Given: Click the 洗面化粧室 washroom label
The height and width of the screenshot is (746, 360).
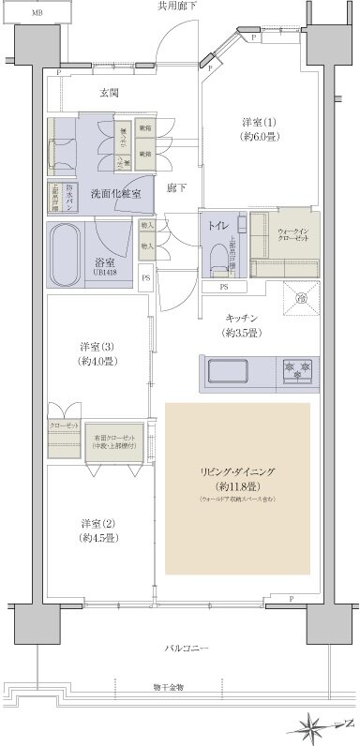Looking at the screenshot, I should click(x=116, y=194).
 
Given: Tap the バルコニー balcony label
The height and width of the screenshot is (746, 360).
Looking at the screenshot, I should click(x=187, y=649).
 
